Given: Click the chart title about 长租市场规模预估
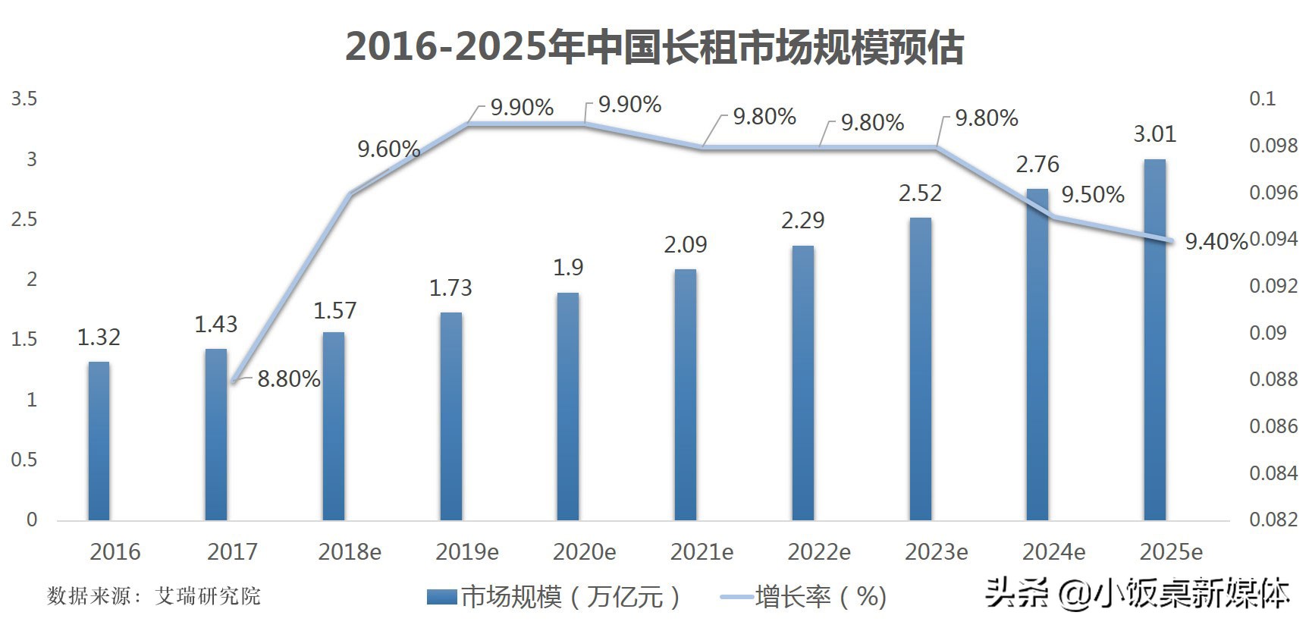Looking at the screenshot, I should pyautogui.click(x=654, y=47).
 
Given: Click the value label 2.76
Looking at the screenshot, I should pyautogui.click(x=1037, y=165).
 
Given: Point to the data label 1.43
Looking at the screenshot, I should pyautogui.click(x=216, y=325).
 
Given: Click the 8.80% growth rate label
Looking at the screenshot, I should pyautogui.click(x=288, y=378).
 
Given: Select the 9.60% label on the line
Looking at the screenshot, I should pyautogui.click(x=388, y=149).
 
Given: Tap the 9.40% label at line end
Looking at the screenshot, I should pyautogui.click(x=1216, y=242).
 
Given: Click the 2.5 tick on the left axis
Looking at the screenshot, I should pyautogui.click(x=24, y=219).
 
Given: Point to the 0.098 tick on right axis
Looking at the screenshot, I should pyautogui.click(x=1273, y=146).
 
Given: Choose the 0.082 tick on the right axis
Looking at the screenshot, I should pyautogui.click(x=1273, y=520).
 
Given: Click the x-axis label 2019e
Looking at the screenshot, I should pyautogui.click(x=467, y=552).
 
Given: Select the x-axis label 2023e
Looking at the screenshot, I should pyautogui.click(x=936, y=552).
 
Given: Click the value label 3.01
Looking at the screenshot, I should pyautogui.click(x=1154, y=134).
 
